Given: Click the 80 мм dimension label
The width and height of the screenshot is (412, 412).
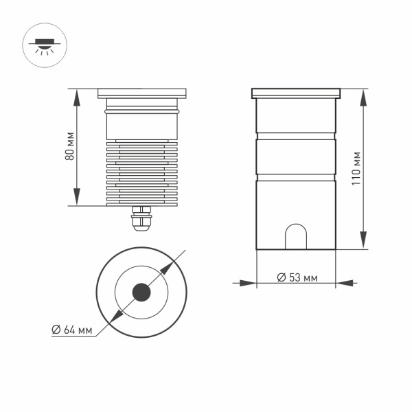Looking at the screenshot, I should (x=69, y=146).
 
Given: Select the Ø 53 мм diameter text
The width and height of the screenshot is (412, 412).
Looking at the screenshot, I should (x=297, y=278).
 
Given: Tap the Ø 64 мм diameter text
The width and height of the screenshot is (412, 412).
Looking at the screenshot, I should (x=72, y=330).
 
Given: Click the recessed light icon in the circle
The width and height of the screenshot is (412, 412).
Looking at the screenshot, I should (x=44, y=45).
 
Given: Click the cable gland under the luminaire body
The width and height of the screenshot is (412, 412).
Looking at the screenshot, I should (x=142, y=218).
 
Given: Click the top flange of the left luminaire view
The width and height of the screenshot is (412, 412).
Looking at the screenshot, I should (x=142, y=92).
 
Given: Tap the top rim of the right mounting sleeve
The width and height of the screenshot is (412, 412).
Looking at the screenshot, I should (x=296, y=92).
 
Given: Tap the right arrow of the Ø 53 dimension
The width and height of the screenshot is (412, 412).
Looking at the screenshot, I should (x=343, y=282).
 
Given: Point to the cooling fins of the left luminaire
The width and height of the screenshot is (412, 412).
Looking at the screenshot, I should (x=142, y=172).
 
